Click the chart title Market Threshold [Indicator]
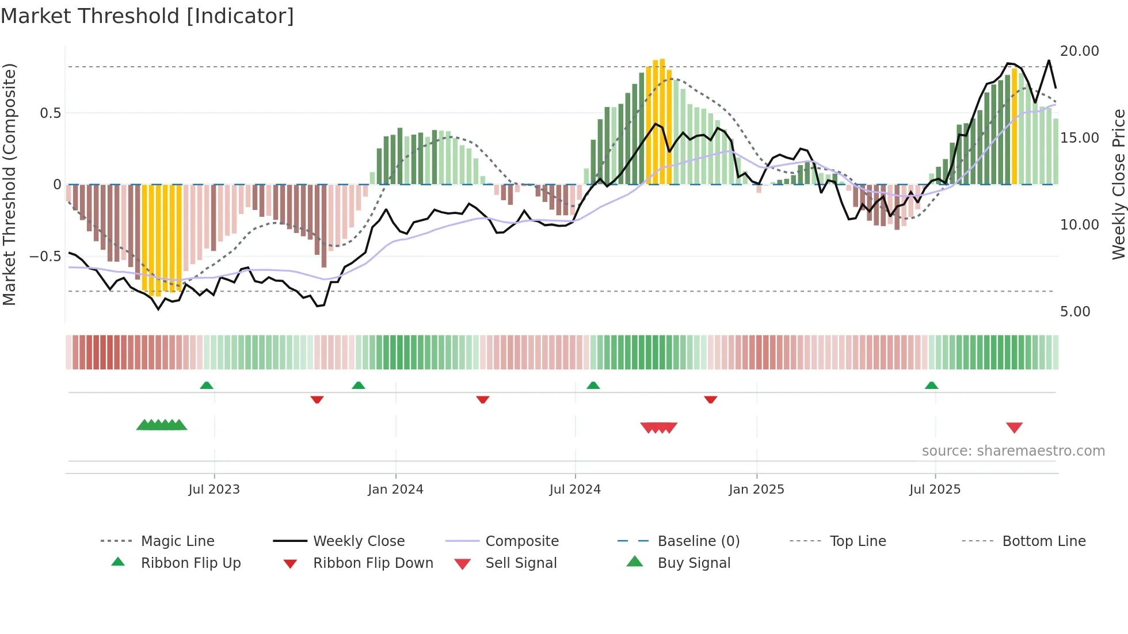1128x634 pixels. click(x=147, y=16)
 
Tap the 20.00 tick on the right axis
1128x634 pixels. click(x=1079, y=51)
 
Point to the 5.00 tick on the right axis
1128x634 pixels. click(x=1075, y=312)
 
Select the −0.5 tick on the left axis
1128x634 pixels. click(x=45, y=256)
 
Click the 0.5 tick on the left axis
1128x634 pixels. click(x=50, y=113)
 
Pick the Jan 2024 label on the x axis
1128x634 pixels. click(x=395, y=490)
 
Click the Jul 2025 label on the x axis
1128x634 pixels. click(x=935, y=490)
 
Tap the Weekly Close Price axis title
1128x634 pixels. click(x=1118, y=184)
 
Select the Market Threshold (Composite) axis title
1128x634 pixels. click(x=9, y=184)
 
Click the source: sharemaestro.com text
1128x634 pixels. click(x=1013, y=451)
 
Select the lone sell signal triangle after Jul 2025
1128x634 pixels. click(x=1014, y=427)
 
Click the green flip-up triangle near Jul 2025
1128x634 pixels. click(x=931, y=385)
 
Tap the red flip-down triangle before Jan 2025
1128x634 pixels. click(x=710, y=399)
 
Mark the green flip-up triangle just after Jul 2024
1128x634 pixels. click(x=593, y=385)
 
